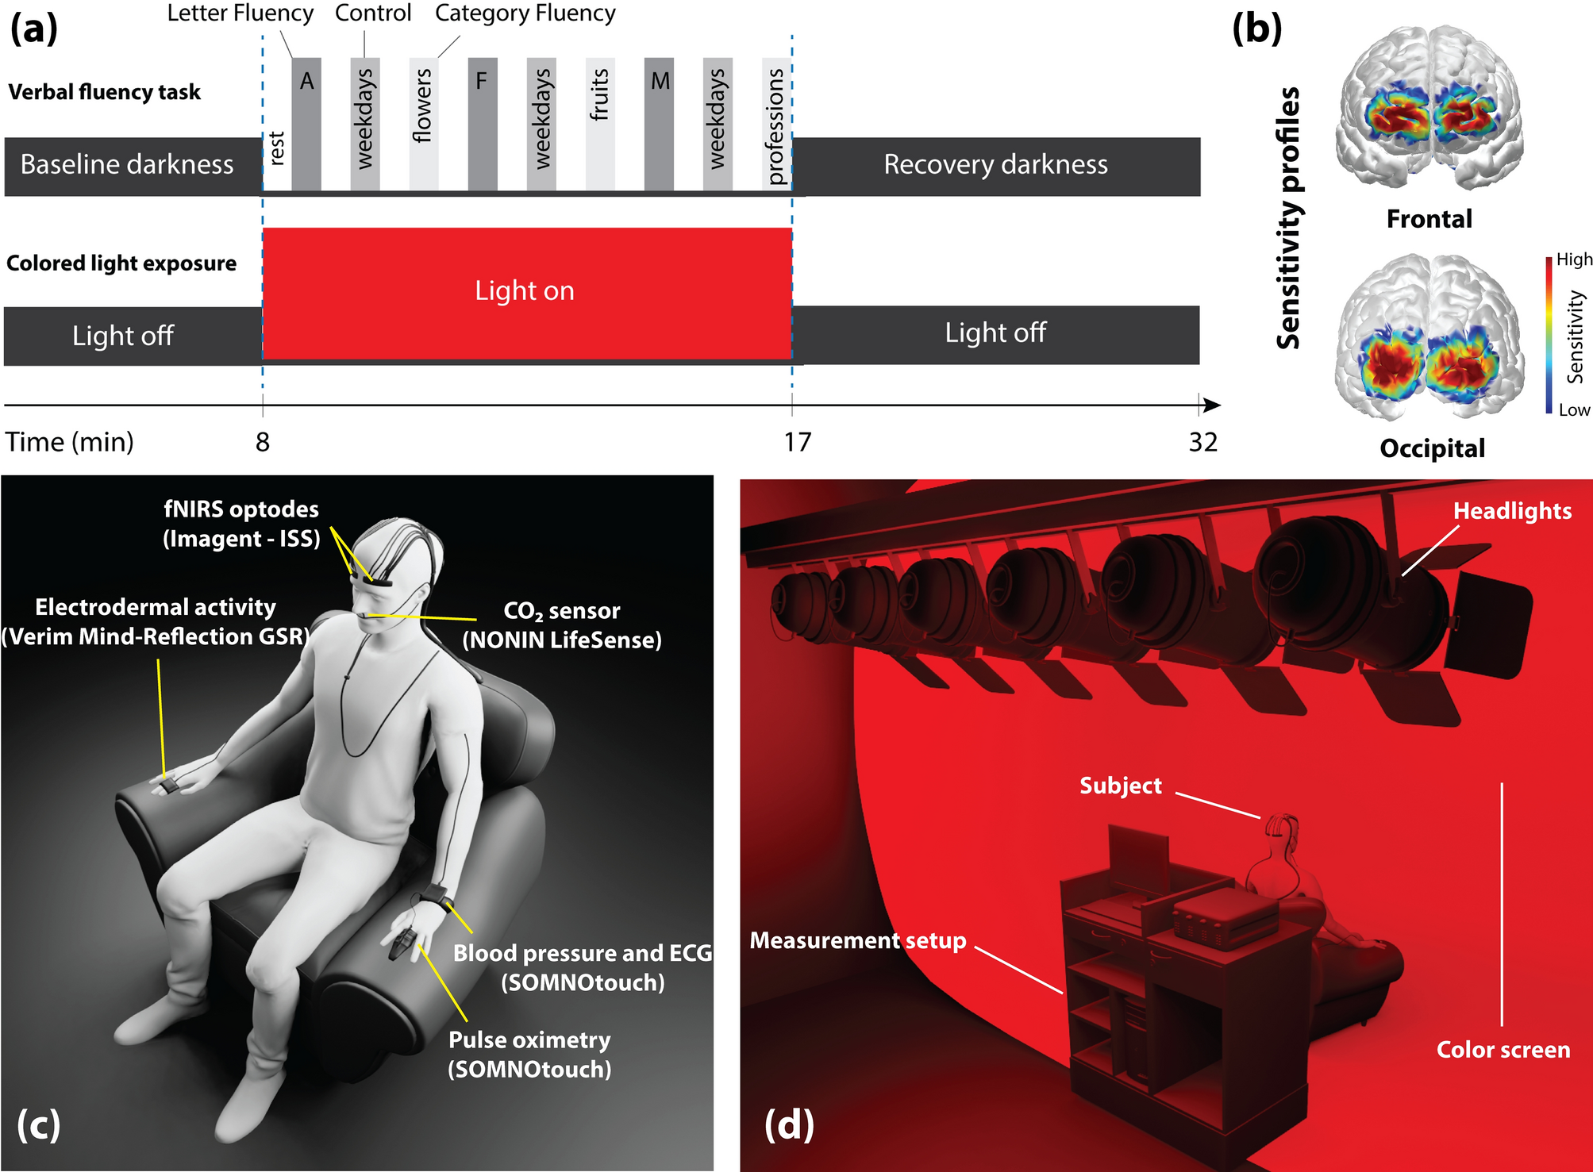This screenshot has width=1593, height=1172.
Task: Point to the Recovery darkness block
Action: pyautogui.click(x=995, y=165)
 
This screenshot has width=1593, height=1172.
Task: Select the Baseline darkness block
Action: pyautogui.click(x=127, y=165)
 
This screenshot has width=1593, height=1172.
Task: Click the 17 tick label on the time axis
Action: pyautogui.click(x=798, y=442)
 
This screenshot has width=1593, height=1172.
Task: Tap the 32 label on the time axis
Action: pyautogui.click(x=1202, y=442)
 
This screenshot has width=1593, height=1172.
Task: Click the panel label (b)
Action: pyautogui.click(x=1256, y=29)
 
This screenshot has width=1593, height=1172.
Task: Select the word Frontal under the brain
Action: pyautogui.click(x=1429, y=219)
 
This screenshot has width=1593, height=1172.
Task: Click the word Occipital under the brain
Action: pyautogui.click(x=1432, y=448)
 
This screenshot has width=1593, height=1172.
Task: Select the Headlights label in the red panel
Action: pyautogui.click(x=1512, y=511)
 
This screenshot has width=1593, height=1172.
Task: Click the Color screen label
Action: pyautogui.click(x=1503, y=1050)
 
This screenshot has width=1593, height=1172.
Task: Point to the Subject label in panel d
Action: pyautogui.click(x=1120, y=786)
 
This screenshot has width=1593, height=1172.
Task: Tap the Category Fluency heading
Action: pyautogui.click(x=525, y=13)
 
